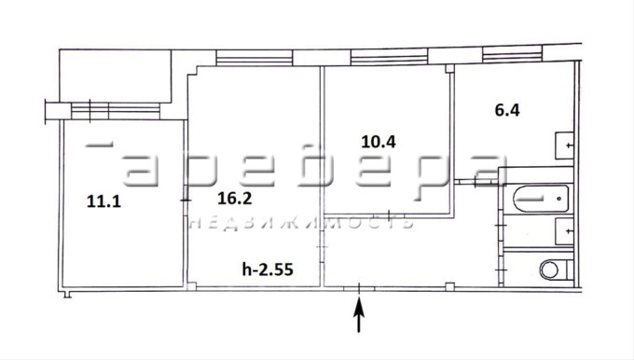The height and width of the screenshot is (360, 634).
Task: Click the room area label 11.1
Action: (103, 201)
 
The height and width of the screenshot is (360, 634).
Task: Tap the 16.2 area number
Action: (235, 199)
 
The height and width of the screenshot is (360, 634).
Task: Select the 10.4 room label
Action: (379, 142)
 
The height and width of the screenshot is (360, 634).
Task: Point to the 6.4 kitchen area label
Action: (507, 110)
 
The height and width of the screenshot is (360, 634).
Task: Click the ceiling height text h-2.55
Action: (268, 269)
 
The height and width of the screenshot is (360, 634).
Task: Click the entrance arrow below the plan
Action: (359, 314)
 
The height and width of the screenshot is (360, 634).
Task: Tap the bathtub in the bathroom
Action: (541, 199)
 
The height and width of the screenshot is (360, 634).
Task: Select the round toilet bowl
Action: (549, 270)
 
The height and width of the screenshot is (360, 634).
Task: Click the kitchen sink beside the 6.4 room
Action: (564, 145)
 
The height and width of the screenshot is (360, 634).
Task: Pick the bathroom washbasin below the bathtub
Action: (564, 231)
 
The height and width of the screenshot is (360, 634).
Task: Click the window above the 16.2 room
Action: (255, 58)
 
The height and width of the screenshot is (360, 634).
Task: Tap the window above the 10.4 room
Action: (390, 57)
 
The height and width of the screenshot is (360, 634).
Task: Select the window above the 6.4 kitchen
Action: (512, 54)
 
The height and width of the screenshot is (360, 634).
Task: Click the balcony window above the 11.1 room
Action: (116, 111)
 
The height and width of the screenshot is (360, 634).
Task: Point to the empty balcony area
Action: (116, 76)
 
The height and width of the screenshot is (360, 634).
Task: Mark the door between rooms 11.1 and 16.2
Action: (186, 201)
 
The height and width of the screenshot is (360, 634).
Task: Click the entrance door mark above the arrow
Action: (359, 288)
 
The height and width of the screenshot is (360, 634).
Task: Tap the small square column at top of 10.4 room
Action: (449, 68)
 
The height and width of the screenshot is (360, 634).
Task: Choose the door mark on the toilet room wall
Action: (502, 270)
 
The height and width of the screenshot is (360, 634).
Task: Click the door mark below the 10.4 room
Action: (389, 215)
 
